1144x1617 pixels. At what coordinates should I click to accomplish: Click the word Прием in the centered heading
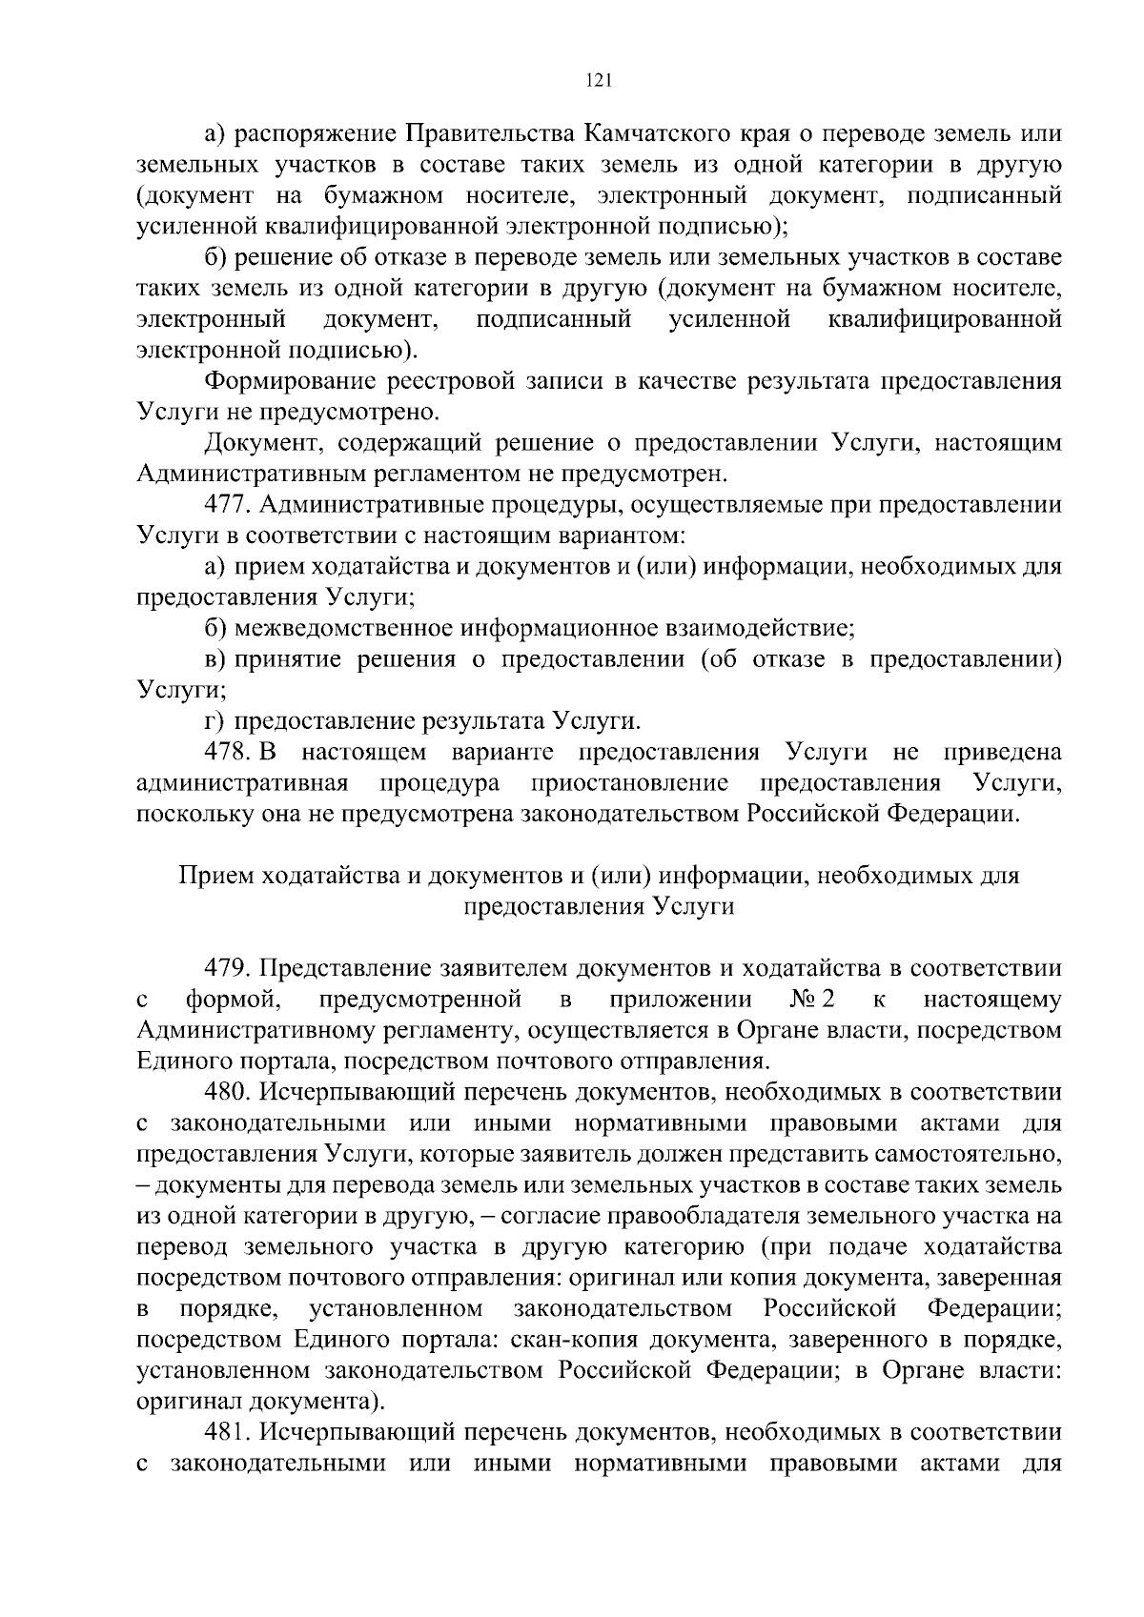click(212, 875)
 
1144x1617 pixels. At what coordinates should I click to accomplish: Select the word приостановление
click(631, 783)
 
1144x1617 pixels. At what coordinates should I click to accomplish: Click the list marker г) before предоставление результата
click(214, 721)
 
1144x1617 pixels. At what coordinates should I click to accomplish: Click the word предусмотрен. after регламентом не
click(644, 474)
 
